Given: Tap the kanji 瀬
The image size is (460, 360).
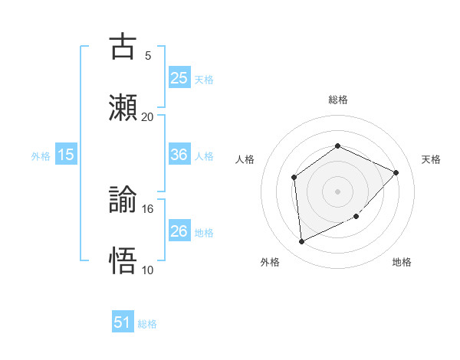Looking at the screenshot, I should click(x=123, y=106).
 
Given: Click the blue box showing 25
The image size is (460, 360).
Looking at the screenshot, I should click(x=179, y=77).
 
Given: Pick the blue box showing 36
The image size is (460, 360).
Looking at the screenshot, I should click(x=179, y=155).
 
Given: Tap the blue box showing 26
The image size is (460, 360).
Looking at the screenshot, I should click(x=179, y=231).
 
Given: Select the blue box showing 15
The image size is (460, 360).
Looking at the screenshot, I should click(x=66, y=155).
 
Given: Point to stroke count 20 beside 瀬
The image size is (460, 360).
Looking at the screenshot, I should click(x=147, y=117).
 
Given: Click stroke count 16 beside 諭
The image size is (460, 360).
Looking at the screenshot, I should click(x=147, y=208).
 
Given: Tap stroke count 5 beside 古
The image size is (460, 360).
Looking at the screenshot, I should click(x=147, y=56).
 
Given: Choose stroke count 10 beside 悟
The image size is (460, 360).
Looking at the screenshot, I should click(x=147, y=270).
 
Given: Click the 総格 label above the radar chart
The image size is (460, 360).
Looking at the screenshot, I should click(x=337, y=100).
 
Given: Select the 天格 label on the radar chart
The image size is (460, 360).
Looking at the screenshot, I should click(x=431, y=159).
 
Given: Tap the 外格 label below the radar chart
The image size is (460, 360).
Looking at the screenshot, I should click(x=270, y=262).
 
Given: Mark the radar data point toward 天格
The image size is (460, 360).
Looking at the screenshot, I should click(x=396, y=172).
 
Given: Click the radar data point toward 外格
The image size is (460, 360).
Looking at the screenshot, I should click(x=301, y=242).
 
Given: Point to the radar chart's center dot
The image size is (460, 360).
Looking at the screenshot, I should click(x=337, y=191).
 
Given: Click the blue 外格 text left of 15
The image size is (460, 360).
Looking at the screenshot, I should click(x=41, y=155).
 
